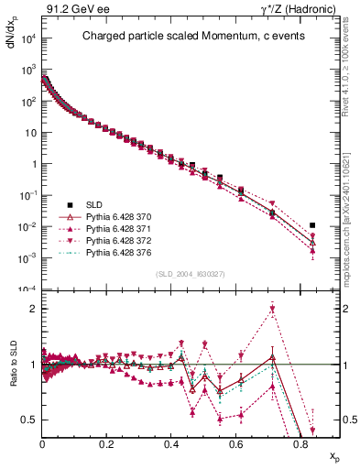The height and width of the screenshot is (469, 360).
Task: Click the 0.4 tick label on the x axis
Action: (171, 444)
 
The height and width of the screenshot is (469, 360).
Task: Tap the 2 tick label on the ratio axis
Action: (32, 309)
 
